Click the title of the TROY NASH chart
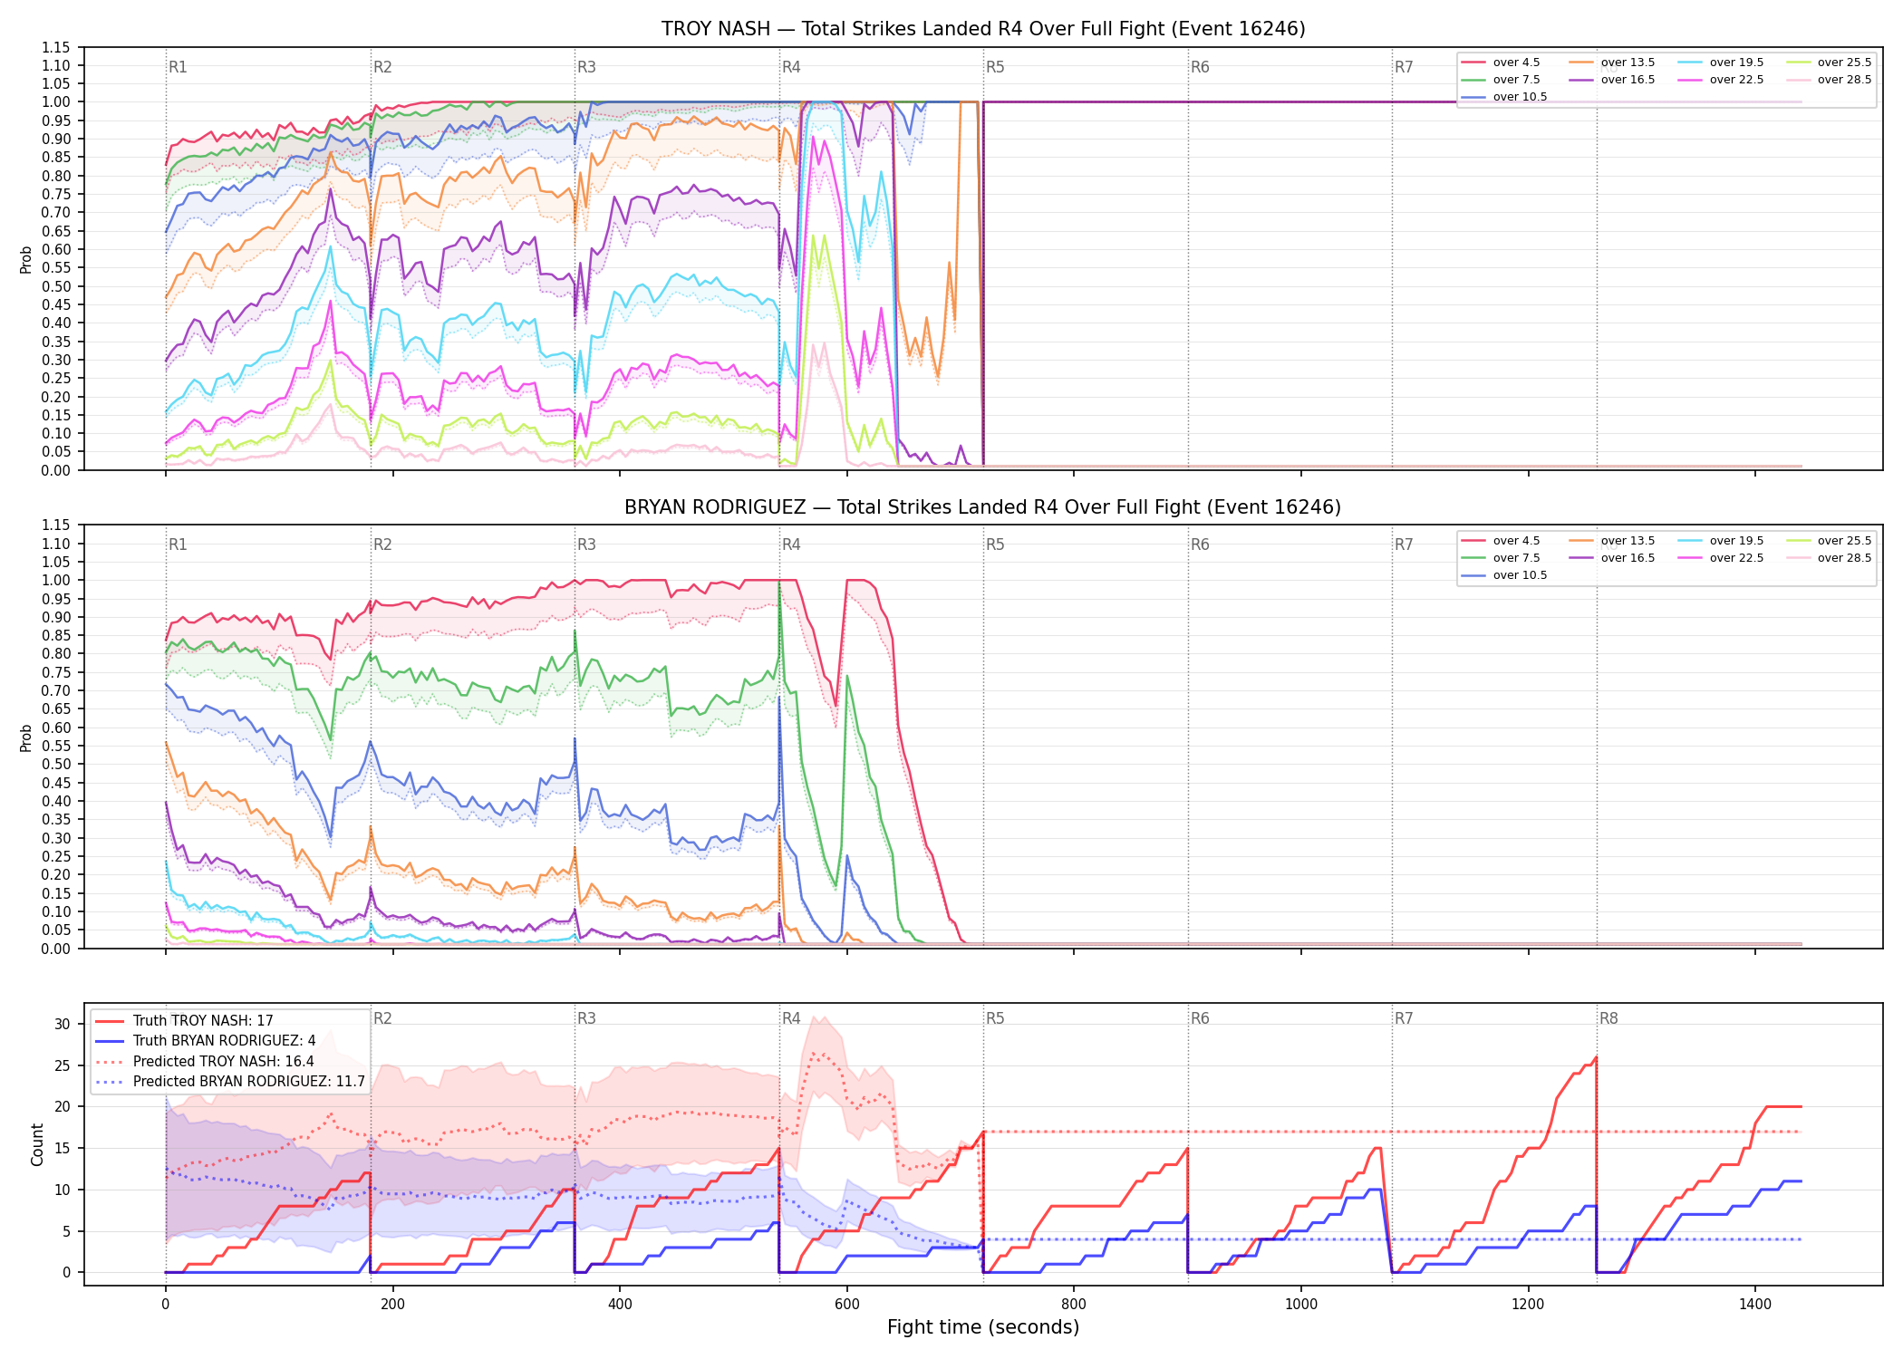click(x=983, y=29)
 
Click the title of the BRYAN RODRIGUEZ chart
click(x=983, y=507)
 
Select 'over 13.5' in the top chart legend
click(x=1628, y=63)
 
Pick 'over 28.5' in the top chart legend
click(x=1844, y=80)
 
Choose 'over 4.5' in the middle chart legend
click(x=1516, y=541)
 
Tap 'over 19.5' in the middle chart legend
click(x=1736, y=541)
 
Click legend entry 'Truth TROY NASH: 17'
click(x=203, y=1021)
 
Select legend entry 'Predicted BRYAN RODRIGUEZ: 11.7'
click(x=248, y=1082)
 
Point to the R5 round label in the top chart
click(x=995, y=67)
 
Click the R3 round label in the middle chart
click(x=586, y=545)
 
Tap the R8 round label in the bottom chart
click(x=1608, y=1018)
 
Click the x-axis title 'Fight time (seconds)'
click(x=983, y=1327)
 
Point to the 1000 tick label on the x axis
click(x=1301, y=1304)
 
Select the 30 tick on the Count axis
click(x=62, y=1025)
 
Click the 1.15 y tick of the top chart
click(x=55, y=47)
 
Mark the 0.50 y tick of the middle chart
click(x=55, y=765)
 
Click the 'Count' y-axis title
click(x=37, y=1144)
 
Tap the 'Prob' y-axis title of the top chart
click(x=25, y=259)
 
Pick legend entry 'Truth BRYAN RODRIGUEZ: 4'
click(x=224, y=1041)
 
